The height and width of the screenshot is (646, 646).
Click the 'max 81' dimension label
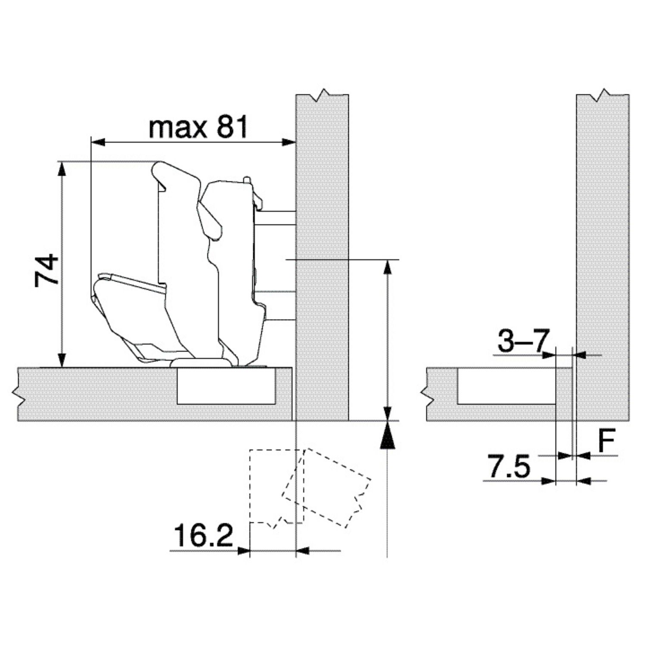(x=199, y=127)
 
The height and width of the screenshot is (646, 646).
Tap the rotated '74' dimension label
(x=47, y=270)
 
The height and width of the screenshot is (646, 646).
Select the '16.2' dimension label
(x=203, y=535)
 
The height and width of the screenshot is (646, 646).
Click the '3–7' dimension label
(x=524, y=341)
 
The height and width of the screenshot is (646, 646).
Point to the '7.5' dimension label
(x=509, y=466)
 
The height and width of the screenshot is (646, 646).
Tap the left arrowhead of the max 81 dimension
(x=99, y=142)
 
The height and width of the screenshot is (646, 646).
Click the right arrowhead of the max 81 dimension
(x=288, y=142)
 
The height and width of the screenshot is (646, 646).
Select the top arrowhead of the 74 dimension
(x=62, y=169)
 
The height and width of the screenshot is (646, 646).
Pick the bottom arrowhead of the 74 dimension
(x=62, y=360)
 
